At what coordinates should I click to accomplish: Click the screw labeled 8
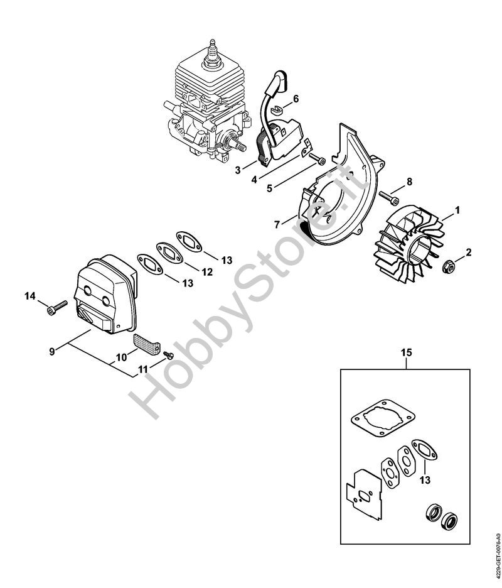tap(388, 198)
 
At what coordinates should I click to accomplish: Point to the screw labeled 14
tap(57, 307)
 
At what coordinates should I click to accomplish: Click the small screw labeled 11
tap(168, 354)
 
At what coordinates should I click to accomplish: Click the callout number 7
tap(277, 225)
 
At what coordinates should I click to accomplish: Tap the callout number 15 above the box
tap(406, 352)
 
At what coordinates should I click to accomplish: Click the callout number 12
tap(207, 272)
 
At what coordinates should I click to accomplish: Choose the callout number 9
tap(52, 351)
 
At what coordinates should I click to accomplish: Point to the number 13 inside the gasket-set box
tap(425, 479)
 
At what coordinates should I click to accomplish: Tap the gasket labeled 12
tap(169, 253)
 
